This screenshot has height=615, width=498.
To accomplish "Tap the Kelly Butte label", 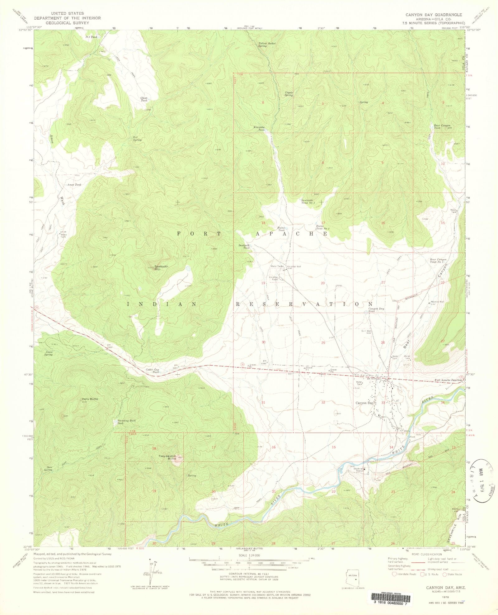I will click(x=90, y=399).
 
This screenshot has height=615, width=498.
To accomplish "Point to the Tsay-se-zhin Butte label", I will click(x=167, y=457).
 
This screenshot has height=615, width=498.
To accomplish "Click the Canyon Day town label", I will click(x=364, y=403).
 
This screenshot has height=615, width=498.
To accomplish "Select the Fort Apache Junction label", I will click(x=448, y=380).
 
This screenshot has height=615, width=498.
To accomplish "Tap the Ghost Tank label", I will click(x=144, y=99).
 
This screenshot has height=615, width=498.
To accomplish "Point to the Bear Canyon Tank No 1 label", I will click(x=438, y=261).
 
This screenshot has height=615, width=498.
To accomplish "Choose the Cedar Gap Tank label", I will click(x=153, y=371).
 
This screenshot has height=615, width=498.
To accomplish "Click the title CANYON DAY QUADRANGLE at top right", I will click(x=434, y=15).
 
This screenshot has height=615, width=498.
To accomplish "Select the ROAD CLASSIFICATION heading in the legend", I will click(x=426, y=555).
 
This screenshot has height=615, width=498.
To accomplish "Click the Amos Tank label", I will click(x=74, y=185).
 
